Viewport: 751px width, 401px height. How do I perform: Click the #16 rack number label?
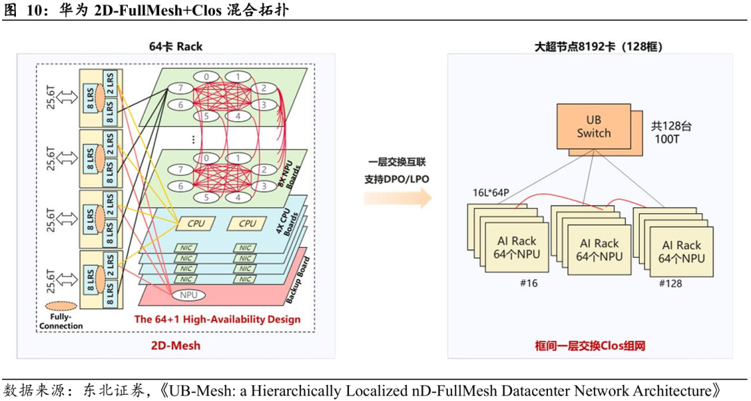528,283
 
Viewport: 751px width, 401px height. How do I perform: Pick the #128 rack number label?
670,283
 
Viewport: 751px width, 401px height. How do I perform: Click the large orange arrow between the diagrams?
396,198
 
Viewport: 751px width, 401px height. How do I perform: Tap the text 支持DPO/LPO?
396,179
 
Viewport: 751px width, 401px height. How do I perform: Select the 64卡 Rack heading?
175,47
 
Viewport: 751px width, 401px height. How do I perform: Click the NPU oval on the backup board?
188,295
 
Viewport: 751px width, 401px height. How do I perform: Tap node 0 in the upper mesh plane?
206,77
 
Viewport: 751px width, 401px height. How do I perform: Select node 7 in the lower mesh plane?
180,169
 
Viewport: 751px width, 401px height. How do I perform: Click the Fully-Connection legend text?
63,322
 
